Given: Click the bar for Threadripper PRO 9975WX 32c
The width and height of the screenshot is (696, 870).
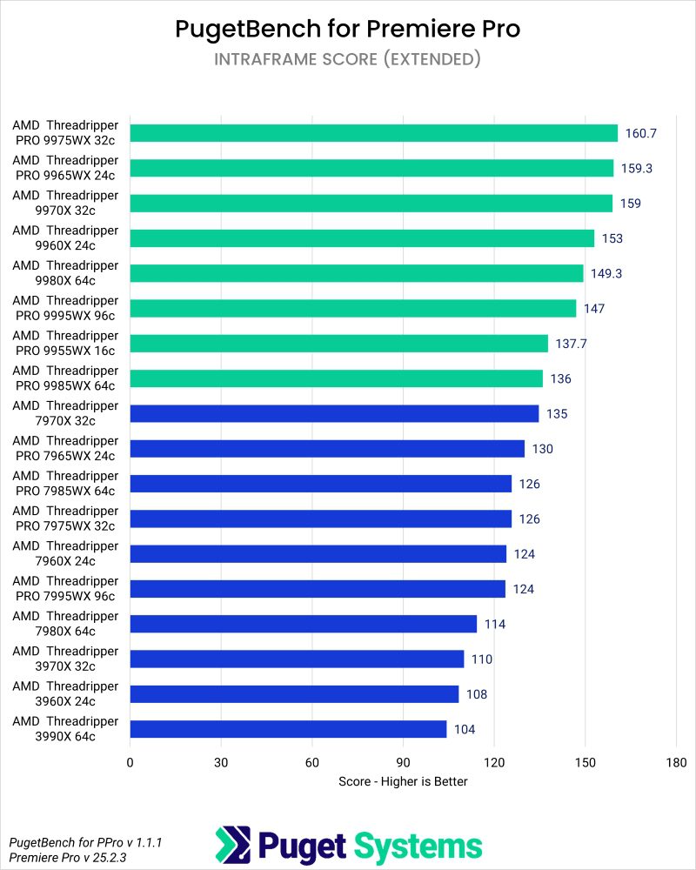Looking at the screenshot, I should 373,133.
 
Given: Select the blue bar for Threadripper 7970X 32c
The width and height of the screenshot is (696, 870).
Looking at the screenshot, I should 334,413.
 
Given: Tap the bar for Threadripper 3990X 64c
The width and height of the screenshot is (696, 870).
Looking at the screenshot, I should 288,729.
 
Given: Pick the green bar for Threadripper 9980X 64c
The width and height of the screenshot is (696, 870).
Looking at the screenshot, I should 356,273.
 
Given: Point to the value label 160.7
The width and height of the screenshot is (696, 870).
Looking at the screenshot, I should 640,133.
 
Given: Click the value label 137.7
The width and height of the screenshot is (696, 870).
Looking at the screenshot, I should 571,344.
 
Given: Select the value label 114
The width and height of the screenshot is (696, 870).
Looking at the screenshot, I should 495,624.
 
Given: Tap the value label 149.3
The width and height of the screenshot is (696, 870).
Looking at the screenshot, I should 606,273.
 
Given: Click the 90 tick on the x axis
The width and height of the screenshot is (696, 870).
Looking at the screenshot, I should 403,763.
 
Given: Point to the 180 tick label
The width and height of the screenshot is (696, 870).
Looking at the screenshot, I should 676,763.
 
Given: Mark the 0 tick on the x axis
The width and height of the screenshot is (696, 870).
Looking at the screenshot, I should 130,763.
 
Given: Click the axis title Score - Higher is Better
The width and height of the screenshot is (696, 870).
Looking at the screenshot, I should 403,781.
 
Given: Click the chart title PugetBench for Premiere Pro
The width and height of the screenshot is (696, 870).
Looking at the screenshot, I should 348,29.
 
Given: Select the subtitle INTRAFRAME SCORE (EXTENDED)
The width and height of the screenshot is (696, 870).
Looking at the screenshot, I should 348,59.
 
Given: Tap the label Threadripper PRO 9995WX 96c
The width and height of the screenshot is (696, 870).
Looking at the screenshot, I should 65,308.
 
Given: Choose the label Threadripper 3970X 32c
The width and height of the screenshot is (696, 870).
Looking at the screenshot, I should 65,659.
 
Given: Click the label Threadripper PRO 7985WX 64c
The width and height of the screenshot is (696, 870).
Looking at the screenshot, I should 65,484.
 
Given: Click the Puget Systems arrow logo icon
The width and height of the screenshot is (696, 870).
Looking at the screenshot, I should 232,845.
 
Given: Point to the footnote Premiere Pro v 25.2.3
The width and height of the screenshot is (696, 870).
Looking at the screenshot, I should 67,858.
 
